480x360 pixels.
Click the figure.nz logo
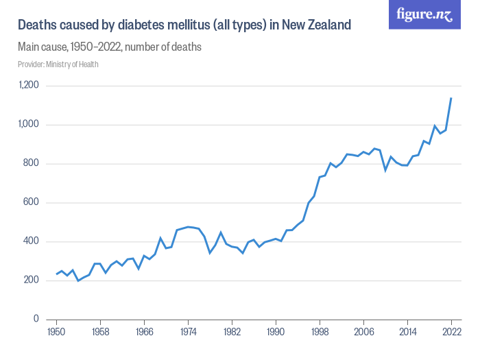(x=424, y=14)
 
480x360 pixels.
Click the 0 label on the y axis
(x=36, y=320)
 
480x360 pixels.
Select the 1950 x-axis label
(x=56, y=333)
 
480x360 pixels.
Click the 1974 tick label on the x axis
(x=188, y=333)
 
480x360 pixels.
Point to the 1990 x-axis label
(x=276, y=333)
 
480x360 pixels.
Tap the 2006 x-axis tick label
(x=363, y=333)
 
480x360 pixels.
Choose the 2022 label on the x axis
(x=451, y=333)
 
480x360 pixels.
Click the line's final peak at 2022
(x=451, y=98)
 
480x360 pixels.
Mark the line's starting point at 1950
(x=56, y=274)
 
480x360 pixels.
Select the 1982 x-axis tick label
(x=232, y=333)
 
